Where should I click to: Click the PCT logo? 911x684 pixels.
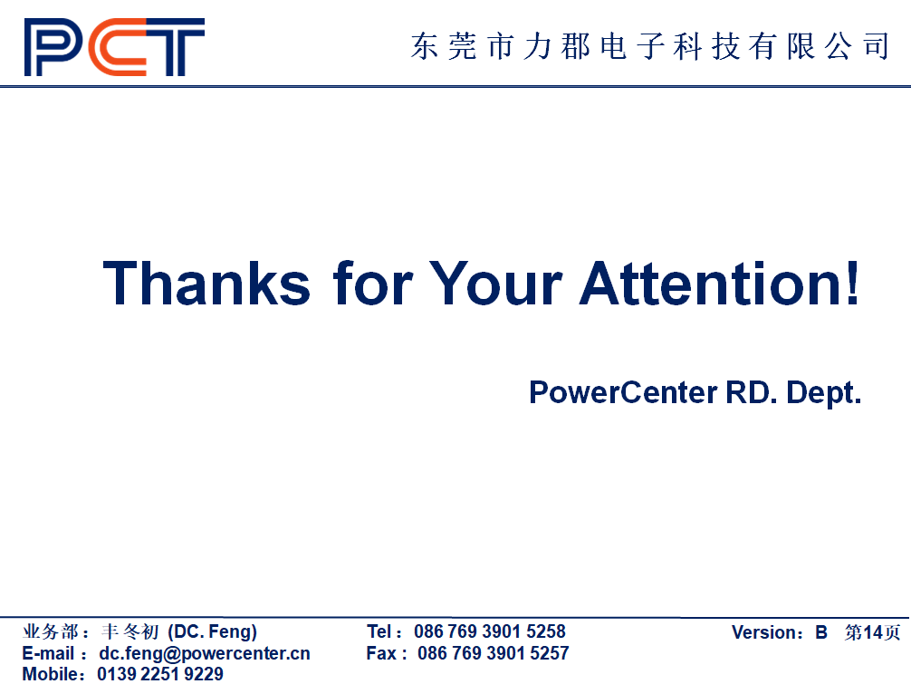(x=114, y=47)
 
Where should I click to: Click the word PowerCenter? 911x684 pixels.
(x=623, y=392)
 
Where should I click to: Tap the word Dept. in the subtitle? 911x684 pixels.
(x=823, y=393)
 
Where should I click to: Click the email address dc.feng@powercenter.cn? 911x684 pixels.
(x=205, y=654)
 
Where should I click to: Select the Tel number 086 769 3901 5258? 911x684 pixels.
(x=490, y=631)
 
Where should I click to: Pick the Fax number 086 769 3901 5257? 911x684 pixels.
(x=494, y=653)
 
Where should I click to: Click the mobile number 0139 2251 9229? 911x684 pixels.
(x=160, y=674)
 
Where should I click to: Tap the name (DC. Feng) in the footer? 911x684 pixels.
(x=213, y=631)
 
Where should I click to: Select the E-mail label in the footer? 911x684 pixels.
(x=48, y=653)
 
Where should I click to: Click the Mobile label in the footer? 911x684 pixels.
(x=50, y=674)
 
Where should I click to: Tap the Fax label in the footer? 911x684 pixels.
(x=381, y=653)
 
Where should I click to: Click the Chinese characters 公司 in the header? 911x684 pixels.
(x=857, y=46)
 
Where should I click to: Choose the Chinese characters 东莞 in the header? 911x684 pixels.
(x=444, y=46)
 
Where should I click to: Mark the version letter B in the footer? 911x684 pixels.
(x=821, y=632)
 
